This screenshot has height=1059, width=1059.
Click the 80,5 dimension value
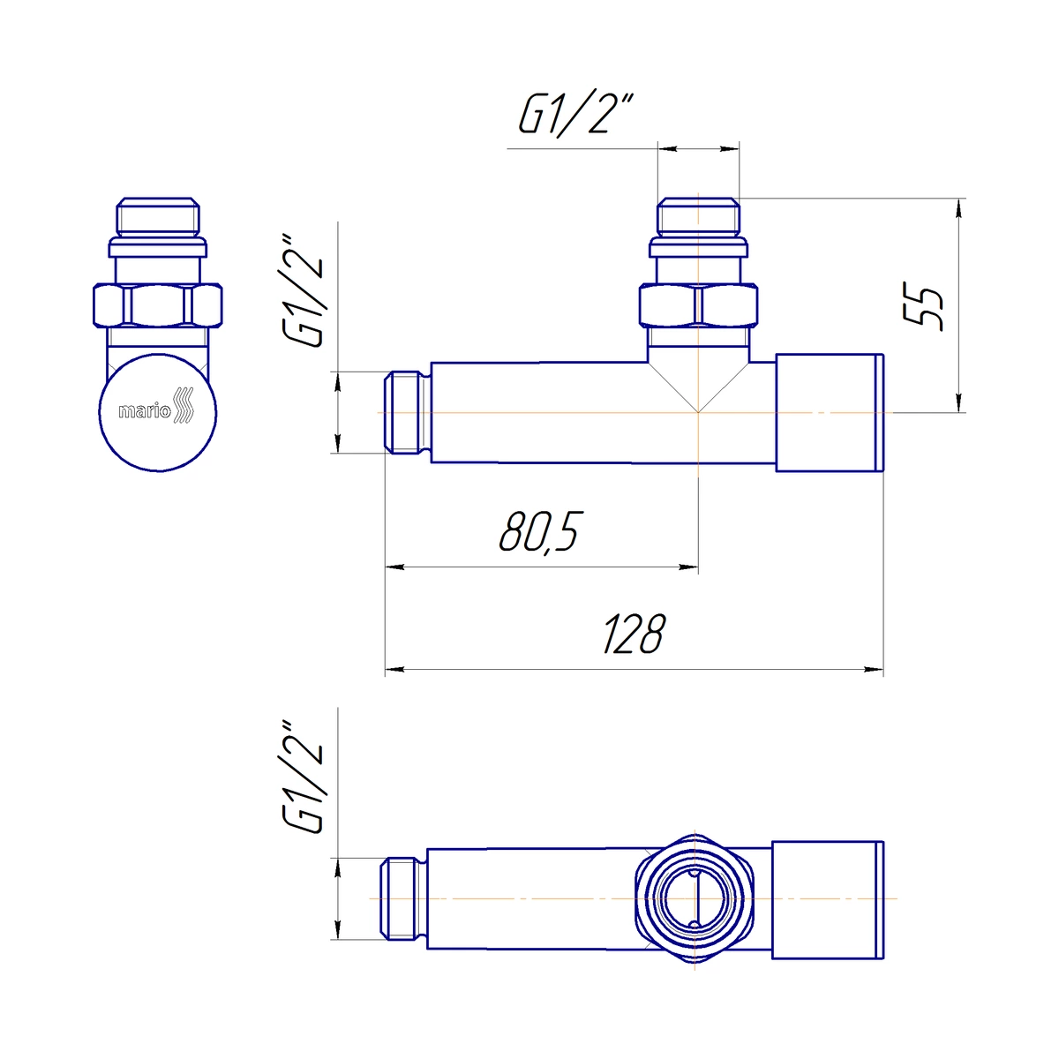pyautogui.click(x=541, y=532)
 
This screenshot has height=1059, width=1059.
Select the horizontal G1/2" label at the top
pyautogui.click(x=576, y=115)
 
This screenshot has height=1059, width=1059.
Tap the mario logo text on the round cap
pyautogui.click(x=145, y=410)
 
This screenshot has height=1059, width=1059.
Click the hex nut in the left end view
pyautogui.click(x=158, y=305)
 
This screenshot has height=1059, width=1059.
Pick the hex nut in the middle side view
pyautogui.click(x=698, y=305)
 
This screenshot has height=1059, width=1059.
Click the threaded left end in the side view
pyautogui.click(x=407, y=412)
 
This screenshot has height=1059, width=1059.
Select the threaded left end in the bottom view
pyautogui.click(x=403, y=898)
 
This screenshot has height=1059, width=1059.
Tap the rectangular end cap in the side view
pyautogui.click(x=830, y=413)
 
